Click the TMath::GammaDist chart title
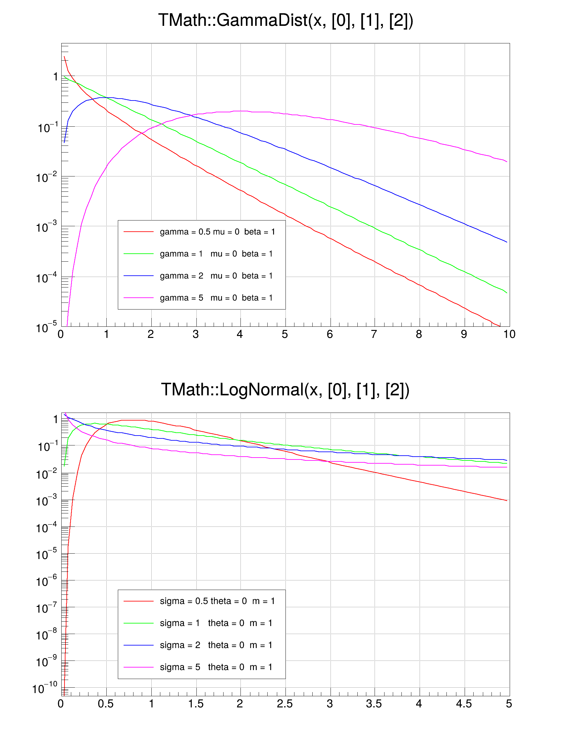click(285, 20)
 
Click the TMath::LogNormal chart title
click(285, 390)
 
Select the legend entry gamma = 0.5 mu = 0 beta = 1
click(217, 232)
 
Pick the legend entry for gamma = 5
click(216, 298)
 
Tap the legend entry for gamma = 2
click(216, 276)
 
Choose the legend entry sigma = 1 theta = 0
click(216, 623)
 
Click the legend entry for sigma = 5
click(216, 667)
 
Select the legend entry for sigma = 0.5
click(217, 601)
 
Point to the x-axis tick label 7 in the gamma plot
click(374, 334)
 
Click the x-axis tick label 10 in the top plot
click(509, 334)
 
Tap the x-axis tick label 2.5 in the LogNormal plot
click(285, 704)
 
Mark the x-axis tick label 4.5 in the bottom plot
click(464, 704)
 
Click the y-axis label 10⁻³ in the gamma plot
click(47, 227)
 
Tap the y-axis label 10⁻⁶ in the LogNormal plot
click(47, 581)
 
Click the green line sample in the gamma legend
click(139, 254)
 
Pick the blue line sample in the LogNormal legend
click(139, 645)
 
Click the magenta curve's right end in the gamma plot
click(507, 162)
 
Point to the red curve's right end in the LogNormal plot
click(507, 500)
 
